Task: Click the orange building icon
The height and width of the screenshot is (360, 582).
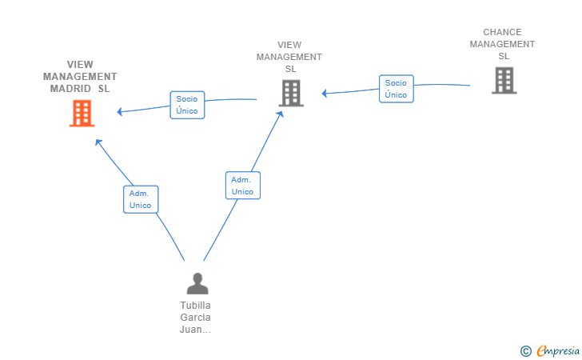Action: coord(82,114)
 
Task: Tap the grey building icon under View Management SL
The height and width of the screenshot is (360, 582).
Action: coord(291,94)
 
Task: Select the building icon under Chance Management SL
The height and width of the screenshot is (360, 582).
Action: coord(504,80)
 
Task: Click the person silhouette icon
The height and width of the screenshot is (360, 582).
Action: coord(197,283)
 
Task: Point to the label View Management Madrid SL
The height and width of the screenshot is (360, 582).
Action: coord(80,77)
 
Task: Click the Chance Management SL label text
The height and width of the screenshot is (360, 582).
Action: coord(502,44)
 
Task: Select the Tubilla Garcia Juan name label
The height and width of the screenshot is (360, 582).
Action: coord(195,318)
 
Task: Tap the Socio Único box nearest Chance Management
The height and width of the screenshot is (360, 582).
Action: coord(396,89)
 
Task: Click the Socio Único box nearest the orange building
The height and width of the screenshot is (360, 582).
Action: coord(187,105)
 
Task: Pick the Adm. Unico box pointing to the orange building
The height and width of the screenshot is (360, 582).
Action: coord(141,199)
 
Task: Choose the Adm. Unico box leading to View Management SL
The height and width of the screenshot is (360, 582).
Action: coord(243,186)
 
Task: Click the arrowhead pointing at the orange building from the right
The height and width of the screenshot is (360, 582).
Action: coord(120,111)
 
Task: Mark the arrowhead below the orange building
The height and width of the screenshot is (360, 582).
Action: coord(98,142)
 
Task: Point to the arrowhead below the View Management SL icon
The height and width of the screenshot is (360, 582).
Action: coord(281,114)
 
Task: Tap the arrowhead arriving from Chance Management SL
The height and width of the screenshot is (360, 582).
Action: coord(325,93)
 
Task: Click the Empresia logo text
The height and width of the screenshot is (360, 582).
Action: coord(558,350)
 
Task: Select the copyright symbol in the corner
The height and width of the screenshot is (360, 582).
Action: coord(525,351)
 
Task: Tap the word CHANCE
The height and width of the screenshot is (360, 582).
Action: coord(502,32)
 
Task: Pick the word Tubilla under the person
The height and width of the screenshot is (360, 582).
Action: coord(195,306)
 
